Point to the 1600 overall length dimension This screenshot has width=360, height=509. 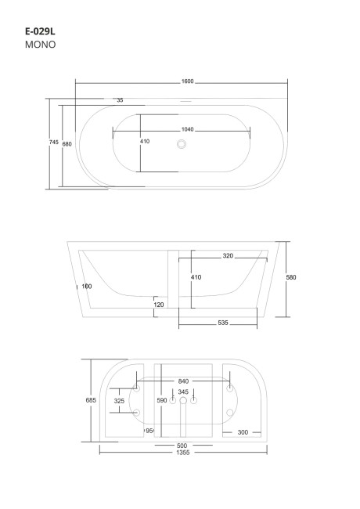[187, 81]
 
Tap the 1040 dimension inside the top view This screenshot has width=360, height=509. [187, 129]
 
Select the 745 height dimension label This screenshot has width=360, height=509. [53, 143]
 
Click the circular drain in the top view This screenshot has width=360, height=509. [182, 144]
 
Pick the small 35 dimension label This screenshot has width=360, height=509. [120, 100]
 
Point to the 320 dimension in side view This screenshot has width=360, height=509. [228, 256]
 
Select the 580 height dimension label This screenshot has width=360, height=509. [291, 277]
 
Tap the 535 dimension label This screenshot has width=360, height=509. [224, 321]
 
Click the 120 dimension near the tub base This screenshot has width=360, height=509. [159, 304]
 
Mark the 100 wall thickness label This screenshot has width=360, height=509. [86, 286]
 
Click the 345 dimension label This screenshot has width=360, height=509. [183, 392]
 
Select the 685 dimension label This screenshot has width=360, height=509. [91, 400]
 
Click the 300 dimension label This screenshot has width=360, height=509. [243, 431]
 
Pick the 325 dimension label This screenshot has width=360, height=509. [119, 401]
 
